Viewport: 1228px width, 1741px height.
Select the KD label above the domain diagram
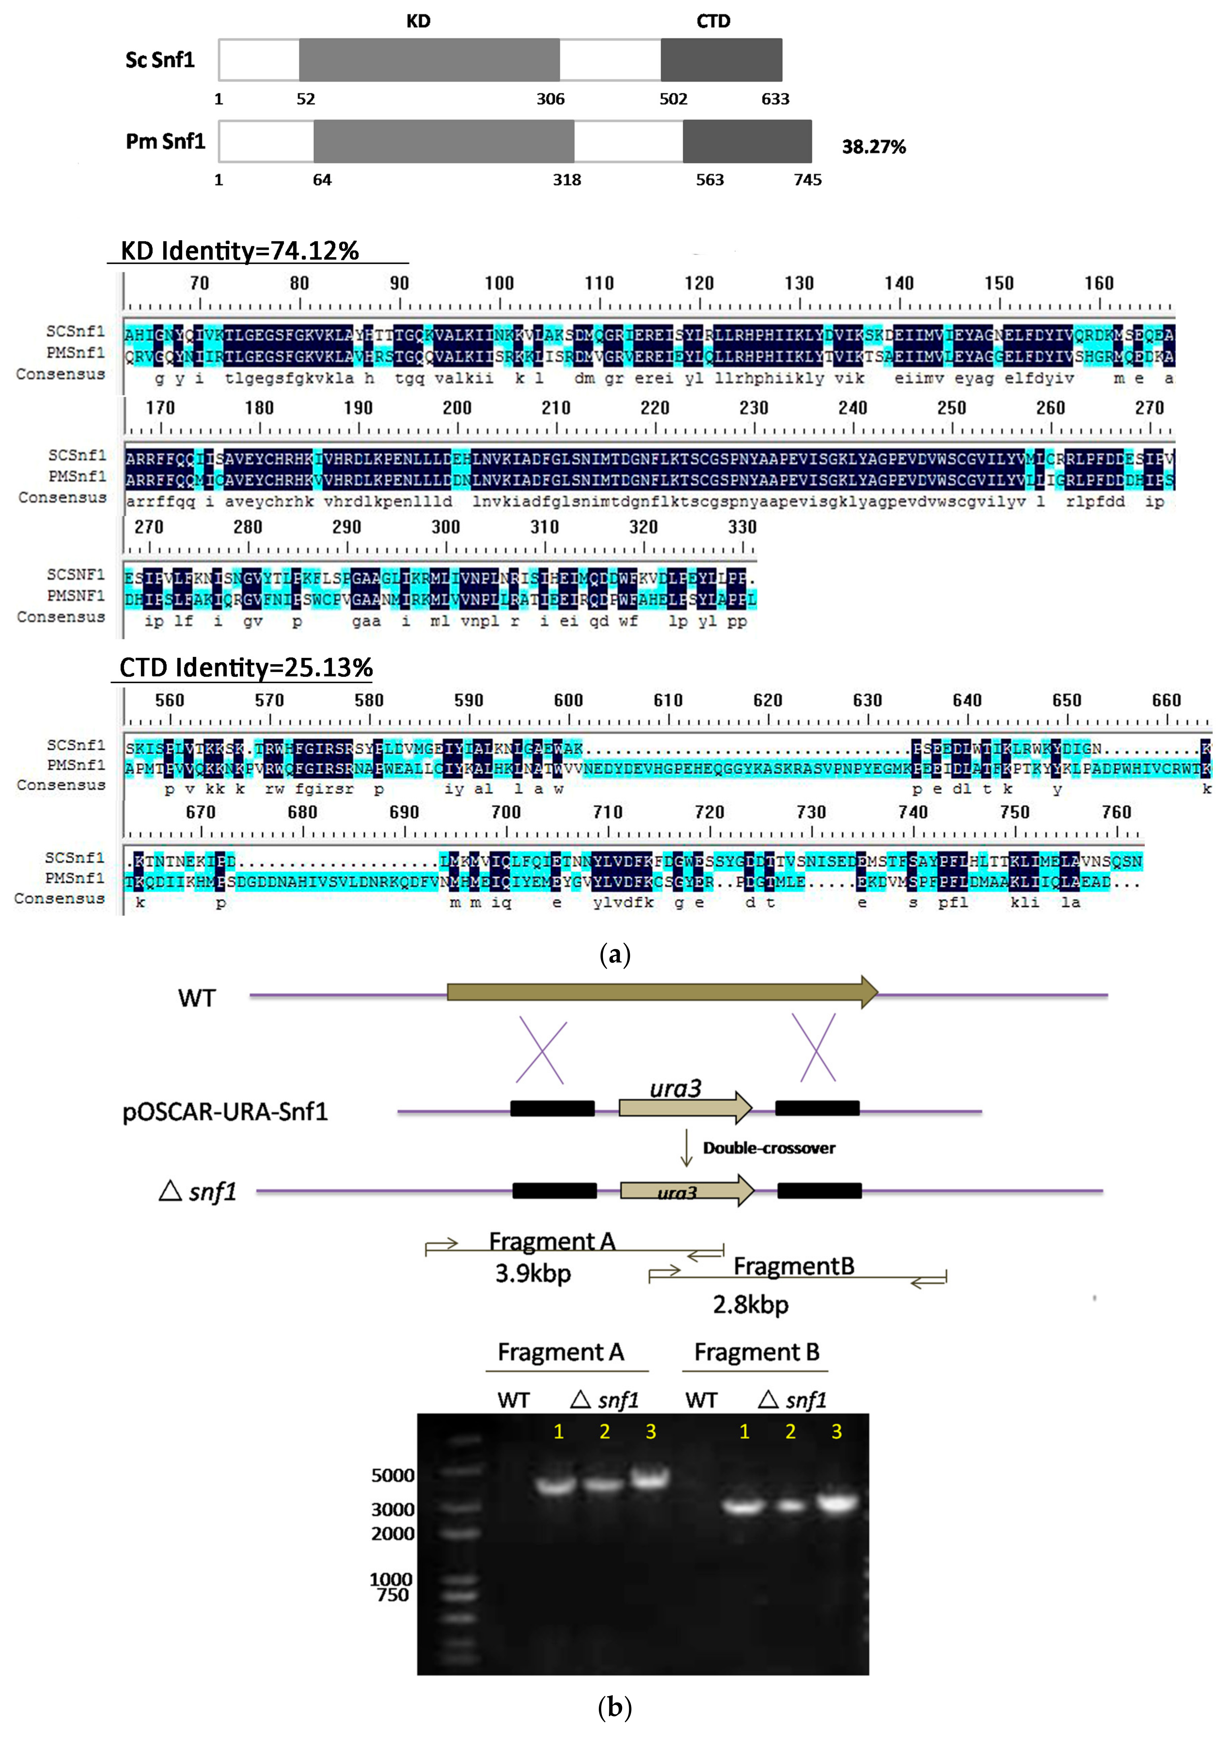point(418,21)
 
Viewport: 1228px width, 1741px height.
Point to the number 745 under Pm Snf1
point(807,180)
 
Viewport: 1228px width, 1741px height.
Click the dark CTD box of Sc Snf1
point(721,60)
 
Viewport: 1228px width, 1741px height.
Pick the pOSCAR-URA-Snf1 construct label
point(225,1112)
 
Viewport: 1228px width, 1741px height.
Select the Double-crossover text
point(769,1148)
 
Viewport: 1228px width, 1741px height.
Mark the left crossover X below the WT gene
point(541,1052)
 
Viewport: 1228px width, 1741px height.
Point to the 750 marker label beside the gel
point(393,1595)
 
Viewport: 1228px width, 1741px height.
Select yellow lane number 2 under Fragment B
point(791,1432)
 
